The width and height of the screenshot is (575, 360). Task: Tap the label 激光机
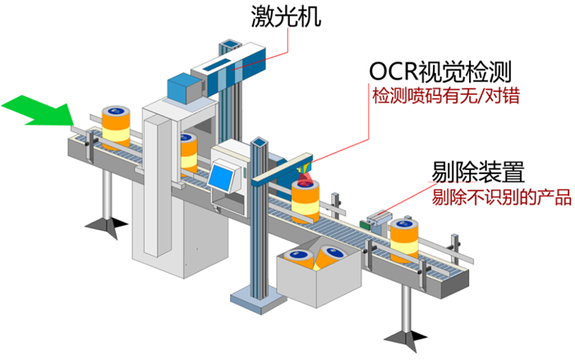point(286,16)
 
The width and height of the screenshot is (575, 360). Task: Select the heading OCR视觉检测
point(439,72)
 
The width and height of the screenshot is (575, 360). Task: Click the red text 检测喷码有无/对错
point(446,96)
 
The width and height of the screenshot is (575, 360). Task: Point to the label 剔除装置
point(478,172)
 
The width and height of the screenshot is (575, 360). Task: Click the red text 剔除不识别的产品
point(501,197)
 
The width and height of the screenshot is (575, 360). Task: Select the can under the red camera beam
point(305,201)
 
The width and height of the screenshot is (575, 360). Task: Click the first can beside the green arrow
point(116,127)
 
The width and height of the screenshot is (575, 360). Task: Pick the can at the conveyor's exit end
point(404,240)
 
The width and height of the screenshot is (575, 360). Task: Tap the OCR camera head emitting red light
point(304,168)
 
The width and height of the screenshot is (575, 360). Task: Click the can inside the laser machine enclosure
point(188,154)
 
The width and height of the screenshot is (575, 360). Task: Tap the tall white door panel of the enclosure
point(158,183)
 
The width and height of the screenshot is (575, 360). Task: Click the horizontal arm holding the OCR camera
point(283,168)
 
